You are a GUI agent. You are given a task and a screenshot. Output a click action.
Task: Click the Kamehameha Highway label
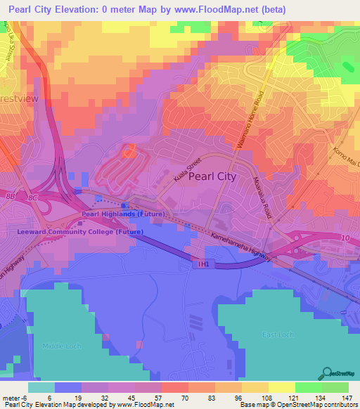pyautogui.click(x=238, y=243)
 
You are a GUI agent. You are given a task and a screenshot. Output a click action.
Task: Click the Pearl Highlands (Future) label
pyautogui.click(x=124, y=214)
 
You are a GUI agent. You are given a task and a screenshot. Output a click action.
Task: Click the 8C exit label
pyautogui.click(x=34, y=199)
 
